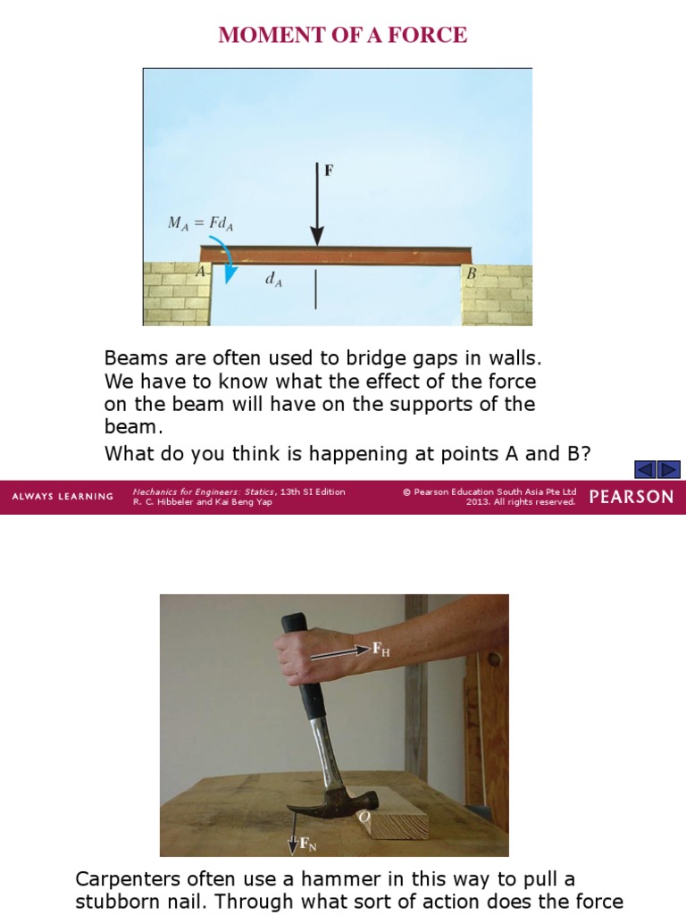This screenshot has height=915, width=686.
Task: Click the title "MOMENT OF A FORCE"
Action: (343, 35)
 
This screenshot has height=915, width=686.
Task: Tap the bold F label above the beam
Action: (329, 170)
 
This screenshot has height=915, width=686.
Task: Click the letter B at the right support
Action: (471, 273)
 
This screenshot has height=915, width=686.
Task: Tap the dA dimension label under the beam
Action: (273, 279)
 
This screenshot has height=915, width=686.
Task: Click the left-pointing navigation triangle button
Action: (646, 469)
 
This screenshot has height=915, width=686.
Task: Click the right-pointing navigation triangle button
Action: (668, 469)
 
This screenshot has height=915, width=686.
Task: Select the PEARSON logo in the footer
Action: (632, 497)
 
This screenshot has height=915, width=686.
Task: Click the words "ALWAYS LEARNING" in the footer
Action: (63, 497)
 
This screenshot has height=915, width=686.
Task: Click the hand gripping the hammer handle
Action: (298, 657)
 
